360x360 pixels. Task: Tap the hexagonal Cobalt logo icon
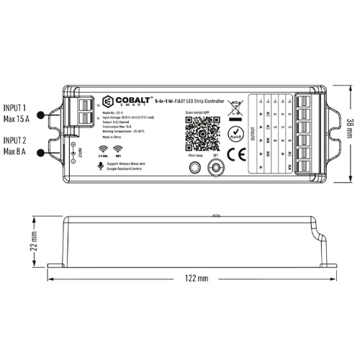[x=107, y=101]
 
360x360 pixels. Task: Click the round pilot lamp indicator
[x=193, y=168]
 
